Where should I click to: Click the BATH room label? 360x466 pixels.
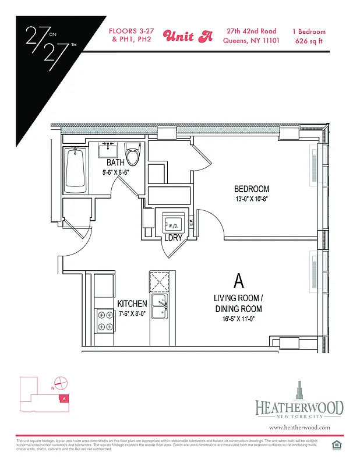pos(115,163)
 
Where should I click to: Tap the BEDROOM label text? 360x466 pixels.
pos(252,189)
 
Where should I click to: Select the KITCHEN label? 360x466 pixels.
pos(132,304)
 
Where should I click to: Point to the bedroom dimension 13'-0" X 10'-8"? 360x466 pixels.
pos(252,199)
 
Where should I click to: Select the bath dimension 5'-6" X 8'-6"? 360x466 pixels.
pos(115,172)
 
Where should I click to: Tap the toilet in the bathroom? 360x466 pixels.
pos(133,156)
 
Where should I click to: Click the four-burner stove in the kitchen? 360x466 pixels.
pos(105,321)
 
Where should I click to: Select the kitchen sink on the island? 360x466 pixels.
pos(159,306)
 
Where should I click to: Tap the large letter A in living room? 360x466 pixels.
pos(238,282)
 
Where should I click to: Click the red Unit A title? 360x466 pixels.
pos(188,36)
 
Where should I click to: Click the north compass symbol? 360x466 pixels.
pos(62,383)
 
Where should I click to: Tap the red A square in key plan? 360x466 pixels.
pos(65,398)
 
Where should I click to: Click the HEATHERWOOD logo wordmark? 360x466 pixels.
pos(299,408)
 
